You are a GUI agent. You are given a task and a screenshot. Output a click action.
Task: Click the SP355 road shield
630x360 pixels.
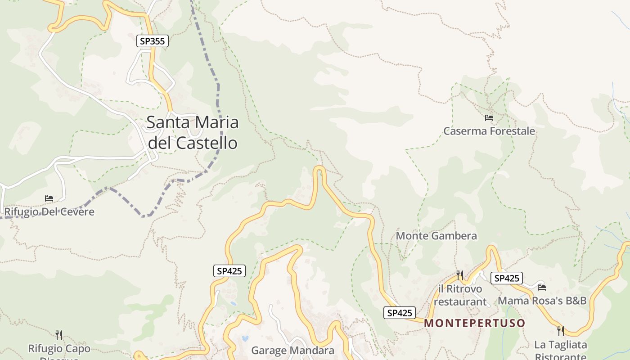click(153, 41)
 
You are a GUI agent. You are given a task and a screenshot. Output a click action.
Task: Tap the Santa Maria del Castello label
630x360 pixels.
click(193, 132)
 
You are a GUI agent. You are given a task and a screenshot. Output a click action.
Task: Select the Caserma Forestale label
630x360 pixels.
click(489, 131)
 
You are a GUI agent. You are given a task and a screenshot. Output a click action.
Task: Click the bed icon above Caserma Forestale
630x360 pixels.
click(489, 118)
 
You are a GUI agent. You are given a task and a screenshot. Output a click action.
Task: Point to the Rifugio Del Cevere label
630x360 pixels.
click(49, 211)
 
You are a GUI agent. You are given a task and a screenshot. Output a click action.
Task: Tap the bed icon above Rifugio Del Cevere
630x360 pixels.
click(49, 198)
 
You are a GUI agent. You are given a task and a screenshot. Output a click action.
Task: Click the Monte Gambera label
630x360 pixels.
click(436, 236)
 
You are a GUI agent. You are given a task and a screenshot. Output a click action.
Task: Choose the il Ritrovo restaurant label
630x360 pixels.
click(460, 295)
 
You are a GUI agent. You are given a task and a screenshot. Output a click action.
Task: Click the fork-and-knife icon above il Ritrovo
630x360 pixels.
click(460, 275)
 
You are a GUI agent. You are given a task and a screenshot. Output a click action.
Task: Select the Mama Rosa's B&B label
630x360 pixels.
click(542, 301)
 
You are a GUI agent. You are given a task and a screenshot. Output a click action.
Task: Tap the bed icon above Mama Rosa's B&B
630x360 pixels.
click(542, 287)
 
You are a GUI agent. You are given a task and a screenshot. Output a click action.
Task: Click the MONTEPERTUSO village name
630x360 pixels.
click(475, 323)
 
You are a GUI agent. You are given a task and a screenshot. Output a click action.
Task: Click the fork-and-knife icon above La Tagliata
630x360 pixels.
click(560, 331)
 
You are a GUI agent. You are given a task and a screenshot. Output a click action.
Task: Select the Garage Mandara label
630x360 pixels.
click(292, 351)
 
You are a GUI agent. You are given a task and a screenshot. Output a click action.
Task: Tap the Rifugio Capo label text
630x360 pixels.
click(59, 349)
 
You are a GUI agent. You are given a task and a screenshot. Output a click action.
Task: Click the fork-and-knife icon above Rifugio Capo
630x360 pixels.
click(59, 335)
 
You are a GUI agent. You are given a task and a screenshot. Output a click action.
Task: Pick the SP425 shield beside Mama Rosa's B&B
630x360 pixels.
click(507, 278)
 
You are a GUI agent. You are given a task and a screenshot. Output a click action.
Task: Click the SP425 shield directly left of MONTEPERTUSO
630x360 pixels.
click(400, 313)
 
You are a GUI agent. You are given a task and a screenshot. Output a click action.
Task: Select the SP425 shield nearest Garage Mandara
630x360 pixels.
click(229, 271)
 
